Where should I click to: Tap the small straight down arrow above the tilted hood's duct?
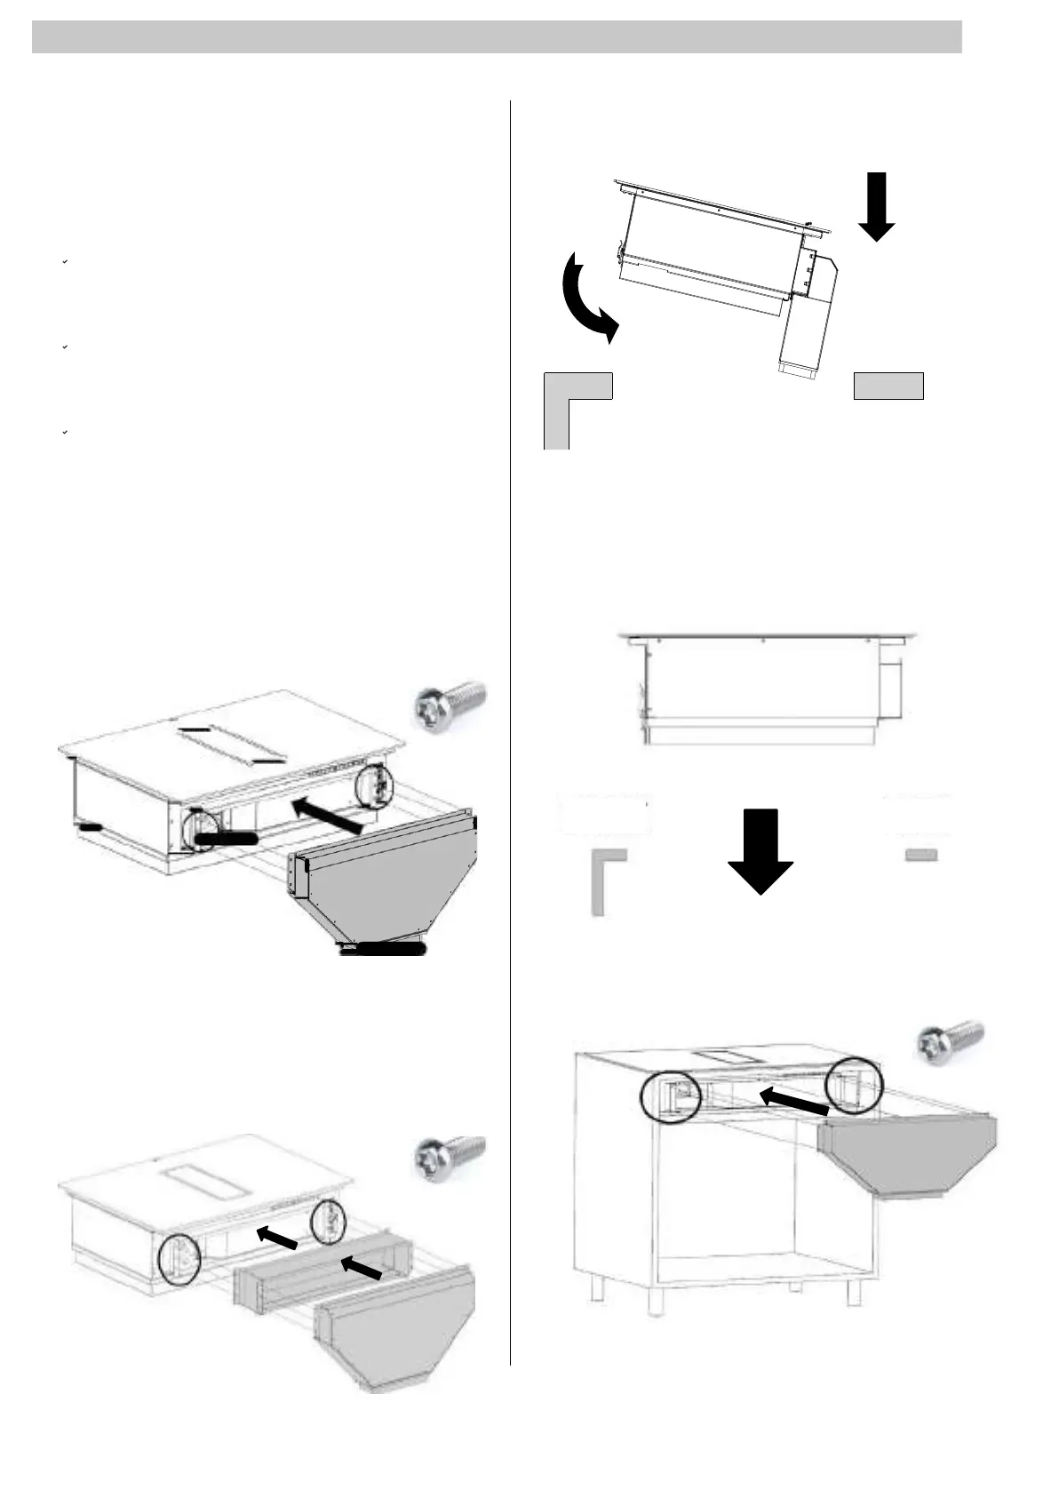coord(878,206)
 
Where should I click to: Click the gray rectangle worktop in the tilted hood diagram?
coord(888,386)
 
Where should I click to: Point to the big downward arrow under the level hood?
coord(760,849)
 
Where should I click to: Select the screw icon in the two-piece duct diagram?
coord(450,1158)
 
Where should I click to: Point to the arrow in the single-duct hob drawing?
coord(328,814)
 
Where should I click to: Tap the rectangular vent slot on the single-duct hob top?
coord(232,743)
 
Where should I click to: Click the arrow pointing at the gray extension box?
coord(362,1266)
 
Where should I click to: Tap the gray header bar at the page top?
coord(497,37)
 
